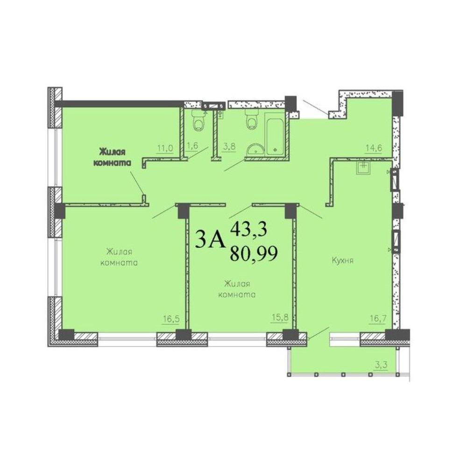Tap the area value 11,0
165,148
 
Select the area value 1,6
192,146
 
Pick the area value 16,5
171,319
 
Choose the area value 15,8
280,318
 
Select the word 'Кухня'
342,261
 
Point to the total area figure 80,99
254,254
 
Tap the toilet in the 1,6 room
198,121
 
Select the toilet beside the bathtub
252,119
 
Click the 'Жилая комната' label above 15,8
237,289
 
